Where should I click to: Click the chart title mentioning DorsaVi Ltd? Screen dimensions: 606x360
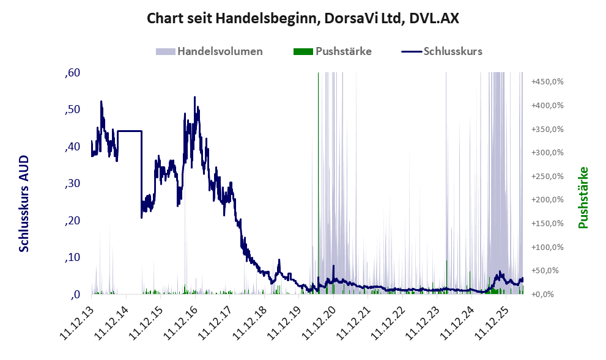click(x=303, y=18)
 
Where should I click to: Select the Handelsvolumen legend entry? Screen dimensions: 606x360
click(x=209, y=51)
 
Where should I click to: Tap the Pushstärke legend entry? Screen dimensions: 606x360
click(x=333, y=51)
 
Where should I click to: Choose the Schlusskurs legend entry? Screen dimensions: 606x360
click(x=442, y=51)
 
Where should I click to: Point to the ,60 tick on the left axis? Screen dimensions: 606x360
click(x=73, y=73)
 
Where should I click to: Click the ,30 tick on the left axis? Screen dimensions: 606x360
click(x=73, y=183)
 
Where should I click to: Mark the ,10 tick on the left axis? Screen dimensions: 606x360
click(x=73, y=257)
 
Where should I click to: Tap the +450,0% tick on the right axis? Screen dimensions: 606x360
click(x=547, y=81)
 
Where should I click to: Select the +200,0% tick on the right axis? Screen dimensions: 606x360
click(x=547, y=200)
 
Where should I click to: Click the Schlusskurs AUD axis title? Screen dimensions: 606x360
click(x=24, y=204)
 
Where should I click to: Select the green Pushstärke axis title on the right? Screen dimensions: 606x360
click(x=583, y=197)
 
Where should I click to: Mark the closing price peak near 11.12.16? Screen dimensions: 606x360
click(x=195, y=97)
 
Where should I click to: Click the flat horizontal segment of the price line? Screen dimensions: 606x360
click(x=130, y=131)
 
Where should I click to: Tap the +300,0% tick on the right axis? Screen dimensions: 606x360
click(x=547, y=153)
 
